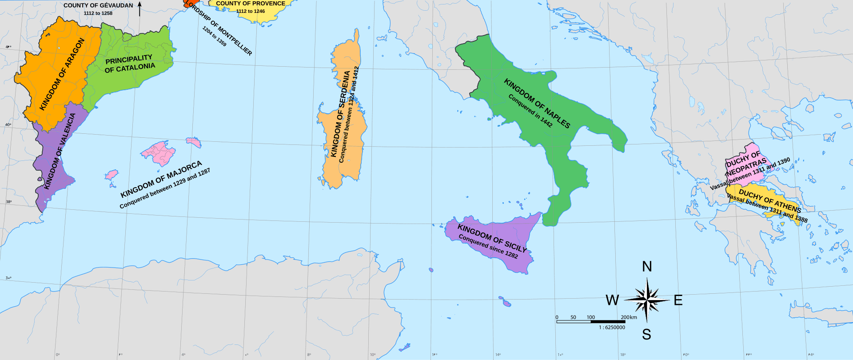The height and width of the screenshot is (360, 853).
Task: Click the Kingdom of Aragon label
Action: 62,74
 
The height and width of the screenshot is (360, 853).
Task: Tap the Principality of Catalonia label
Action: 130,64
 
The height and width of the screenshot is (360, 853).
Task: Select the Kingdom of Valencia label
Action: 60,151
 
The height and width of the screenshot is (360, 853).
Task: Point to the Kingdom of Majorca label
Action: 161,179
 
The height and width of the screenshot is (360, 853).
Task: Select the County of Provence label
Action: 251,4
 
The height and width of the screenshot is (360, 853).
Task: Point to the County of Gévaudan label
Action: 98,5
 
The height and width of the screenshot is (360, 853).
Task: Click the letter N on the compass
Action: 647,267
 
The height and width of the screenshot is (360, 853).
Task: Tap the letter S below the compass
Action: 646,334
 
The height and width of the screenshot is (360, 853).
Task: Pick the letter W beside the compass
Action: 612,300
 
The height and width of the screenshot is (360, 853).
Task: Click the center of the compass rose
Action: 647,300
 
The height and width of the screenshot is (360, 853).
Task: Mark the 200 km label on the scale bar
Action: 629,317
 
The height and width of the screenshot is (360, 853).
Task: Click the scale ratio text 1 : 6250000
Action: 612,328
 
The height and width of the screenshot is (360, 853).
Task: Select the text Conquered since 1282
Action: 488,246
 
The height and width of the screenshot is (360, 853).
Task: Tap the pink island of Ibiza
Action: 112,174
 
